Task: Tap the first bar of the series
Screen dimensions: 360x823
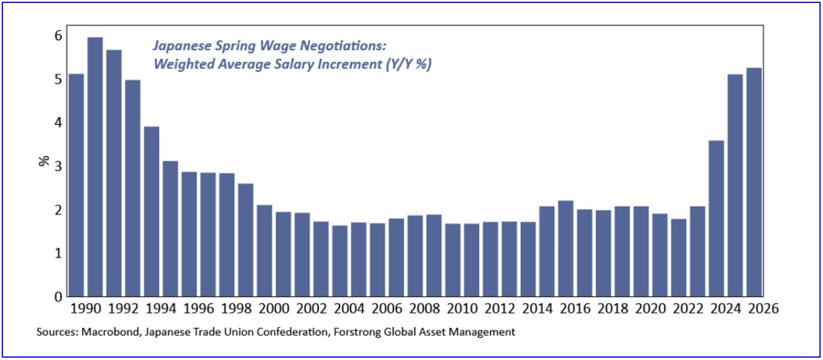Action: [x=76, y=185]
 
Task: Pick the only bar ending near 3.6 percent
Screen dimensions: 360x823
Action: [x=715, y=218]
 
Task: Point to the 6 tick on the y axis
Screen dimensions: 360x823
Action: [x=58, y=35]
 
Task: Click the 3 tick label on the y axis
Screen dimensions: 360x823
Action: [x=58, y=166]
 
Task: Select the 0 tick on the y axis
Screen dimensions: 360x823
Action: [x=58, y=297]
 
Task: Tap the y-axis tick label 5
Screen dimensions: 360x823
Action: [x=58, y=79]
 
